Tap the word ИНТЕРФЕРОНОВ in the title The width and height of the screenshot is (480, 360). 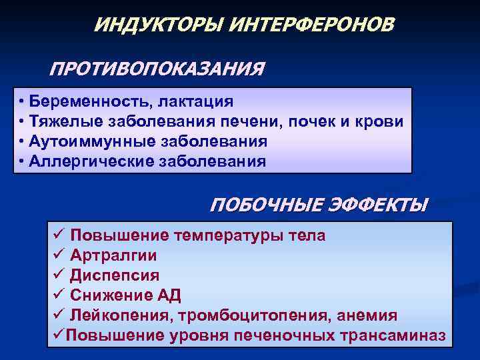pyautogui.click(x=312, y=25)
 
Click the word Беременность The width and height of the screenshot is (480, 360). pyautogui.click(x=87, y=102)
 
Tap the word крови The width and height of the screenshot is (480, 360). pyautogui.click(x=381, y=122)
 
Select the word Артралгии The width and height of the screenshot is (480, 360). pyautogui.click(x=114, y=255)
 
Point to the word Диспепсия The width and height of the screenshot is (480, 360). pyautogui.click(x=115, y=275)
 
